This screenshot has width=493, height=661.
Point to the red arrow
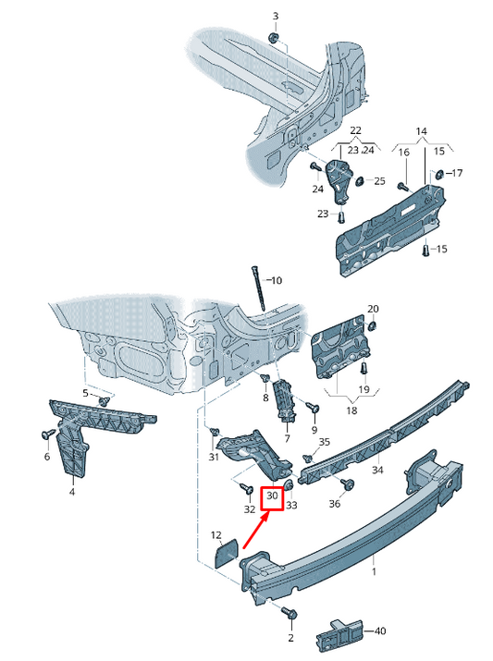pos(256,531)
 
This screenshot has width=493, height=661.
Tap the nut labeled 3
pos(274,38)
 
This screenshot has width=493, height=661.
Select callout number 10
pos(277,280)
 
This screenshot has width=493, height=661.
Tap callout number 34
pos(377,470)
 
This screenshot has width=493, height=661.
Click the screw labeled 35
pos(308,458)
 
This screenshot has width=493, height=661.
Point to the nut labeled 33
pos(289,484)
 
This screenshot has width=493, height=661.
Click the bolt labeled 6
pos(47,434)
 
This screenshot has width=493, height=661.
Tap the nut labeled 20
pos(372,325)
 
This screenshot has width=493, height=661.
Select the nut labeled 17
pos(438,173)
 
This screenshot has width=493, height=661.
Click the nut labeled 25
pos(361,181)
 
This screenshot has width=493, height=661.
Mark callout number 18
pos(351,410)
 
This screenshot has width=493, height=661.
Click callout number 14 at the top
pos(421,131)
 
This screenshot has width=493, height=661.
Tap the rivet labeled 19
pos(364,369)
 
